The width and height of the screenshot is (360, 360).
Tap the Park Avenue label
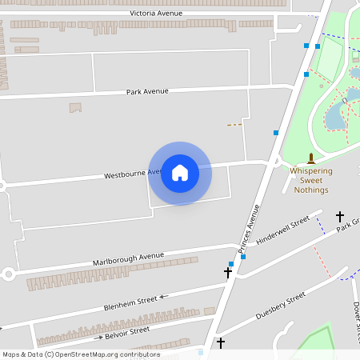[x=147, y=91]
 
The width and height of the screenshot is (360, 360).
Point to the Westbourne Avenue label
[x=132, y=174]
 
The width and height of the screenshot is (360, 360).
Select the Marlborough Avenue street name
[x=128, y=259]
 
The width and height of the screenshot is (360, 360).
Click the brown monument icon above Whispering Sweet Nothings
[x=310, y=158]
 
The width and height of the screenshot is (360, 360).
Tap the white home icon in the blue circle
[x=180, y=173]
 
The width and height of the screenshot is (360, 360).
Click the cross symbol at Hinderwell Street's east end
[x=339, y=217]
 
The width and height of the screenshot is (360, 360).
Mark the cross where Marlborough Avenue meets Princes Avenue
[x=228, y=273]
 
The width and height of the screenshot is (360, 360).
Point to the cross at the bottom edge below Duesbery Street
[x=221, y=343]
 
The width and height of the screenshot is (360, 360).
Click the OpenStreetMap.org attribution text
[x=107, y=354]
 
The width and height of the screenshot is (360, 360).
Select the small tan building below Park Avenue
[x=76, y=107]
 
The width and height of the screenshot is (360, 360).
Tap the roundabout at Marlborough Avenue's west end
[x=8, y=274]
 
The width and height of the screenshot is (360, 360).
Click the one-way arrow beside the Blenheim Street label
[x=164, y=297]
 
